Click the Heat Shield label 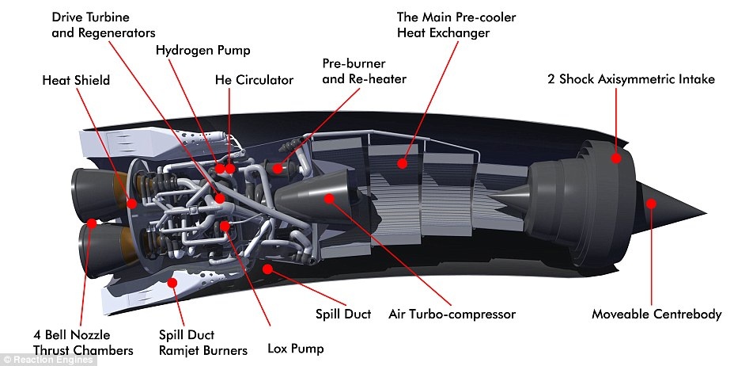(x=75, y=80)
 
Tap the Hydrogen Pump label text (x=202, y=50)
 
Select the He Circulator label (x=254, y=80)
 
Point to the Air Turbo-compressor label (x=452, y=315)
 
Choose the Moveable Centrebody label (x=657, y=315)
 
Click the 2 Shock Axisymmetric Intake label (x=630, y=79)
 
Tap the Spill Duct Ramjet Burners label (x=202, y=342)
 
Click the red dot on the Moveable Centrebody (x=651, y=204)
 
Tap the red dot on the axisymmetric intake (x=614, y=158)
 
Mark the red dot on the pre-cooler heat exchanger (x=403, y=163)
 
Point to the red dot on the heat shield (x=131, y=203)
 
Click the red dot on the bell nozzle (x=92, y=223)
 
